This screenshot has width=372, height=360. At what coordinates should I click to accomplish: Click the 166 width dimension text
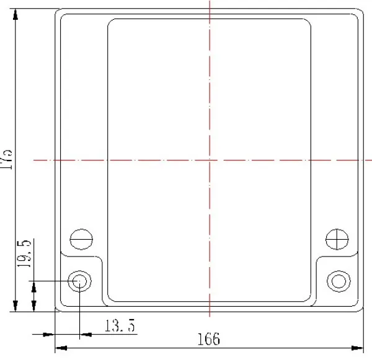pyautogui.click(x=209, y=340)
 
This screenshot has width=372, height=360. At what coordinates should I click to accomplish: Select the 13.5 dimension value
pyautogui.click(x=120, y=325)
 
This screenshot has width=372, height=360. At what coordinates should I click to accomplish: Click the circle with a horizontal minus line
pyautogui.click(x=81, y=239)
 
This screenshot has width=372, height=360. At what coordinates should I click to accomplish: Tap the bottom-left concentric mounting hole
pyautogui.click(x=79, y=281)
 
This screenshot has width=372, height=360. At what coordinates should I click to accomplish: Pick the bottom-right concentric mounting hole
pyautogui.click(x=339, y=281)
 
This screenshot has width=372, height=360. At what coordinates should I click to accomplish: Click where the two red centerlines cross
pyautogui.click(x=210, y=160)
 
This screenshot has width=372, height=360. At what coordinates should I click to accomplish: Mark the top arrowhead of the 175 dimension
pyautogui.click(x=15, y=15)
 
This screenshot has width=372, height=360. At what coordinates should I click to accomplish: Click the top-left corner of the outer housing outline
pyautogui.click(x=58, y=11)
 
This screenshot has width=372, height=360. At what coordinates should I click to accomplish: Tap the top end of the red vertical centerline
pyautogui.click(x=210, y=2)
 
